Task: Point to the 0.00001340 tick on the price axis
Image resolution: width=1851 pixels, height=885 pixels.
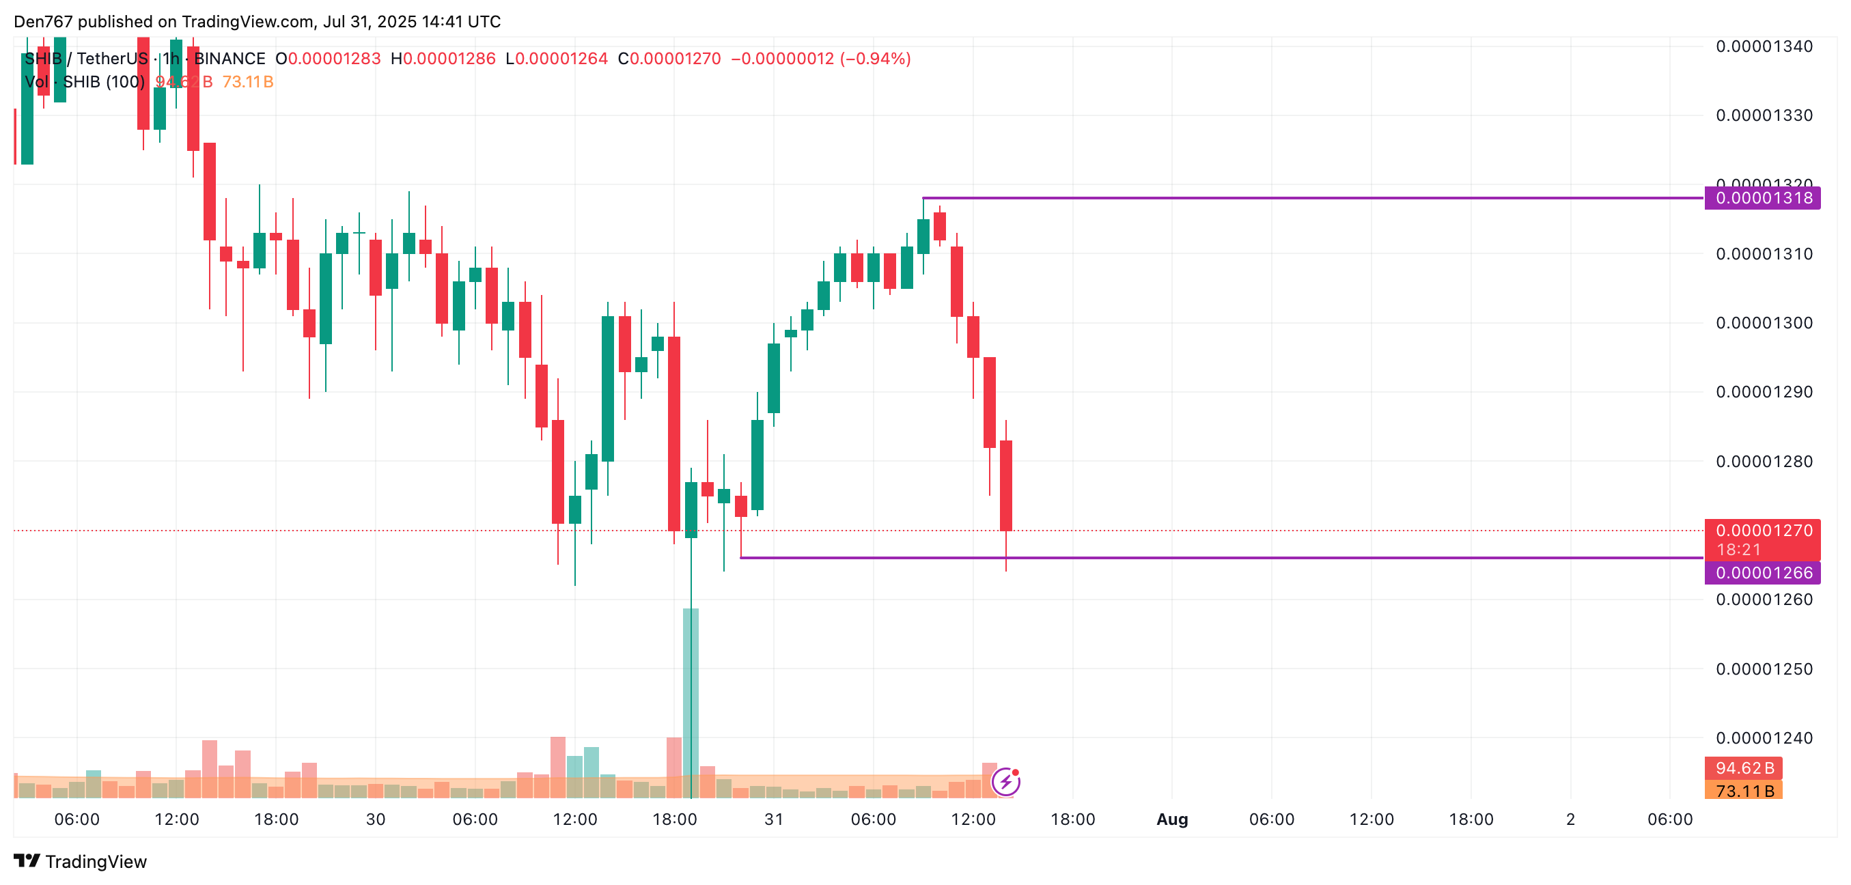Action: click(1764, 46)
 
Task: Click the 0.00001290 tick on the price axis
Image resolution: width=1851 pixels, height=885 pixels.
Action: click(1764, 392)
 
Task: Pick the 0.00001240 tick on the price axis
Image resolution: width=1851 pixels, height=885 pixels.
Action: click(1764, 737)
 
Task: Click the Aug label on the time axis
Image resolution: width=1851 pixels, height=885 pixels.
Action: click(1172, 819)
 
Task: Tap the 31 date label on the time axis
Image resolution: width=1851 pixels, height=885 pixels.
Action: click(774, 819)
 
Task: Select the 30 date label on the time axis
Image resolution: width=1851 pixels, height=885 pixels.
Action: click(375, 819)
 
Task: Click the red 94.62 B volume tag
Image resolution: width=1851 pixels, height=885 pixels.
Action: click(1743, 768)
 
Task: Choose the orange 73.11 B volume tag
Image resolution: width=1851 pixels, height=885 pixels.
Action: click(1743, 791)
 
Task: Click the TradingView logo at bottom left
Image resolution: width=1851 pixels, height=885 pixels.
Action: click(81, 861)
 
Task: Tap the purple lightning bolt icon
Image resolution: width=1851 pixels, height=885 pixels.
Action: click(1005, 782)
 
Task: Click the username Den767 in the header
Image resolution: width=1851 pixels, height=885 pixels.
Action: click(43, 22)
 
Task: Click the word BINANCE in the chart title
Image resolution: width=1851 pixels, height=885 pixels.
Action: click(230, 59)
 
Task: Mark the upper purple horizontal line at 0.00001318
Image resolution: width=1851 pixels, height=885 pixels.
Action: click(1294, 197)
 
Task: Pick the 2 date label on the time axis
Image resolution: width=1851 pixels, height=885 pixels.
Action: click(1571, 819)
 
